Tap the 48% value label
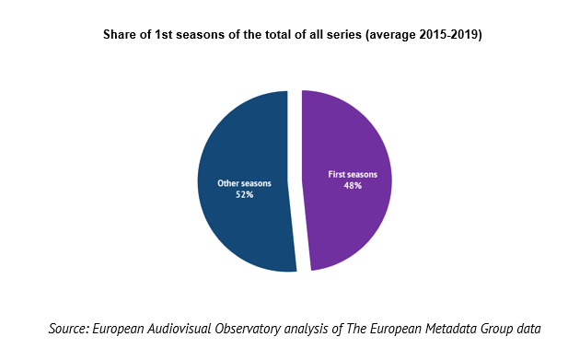pos(353,186)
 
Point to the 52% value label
pos(245,195)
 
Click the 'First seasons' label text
pos(353,175)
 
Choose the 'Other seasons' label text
pos(244,183)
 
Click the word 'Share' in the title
pos(116,34)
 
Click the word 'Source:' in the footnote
pos(69,329)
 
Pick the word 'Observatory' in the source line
pos(248,330)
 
